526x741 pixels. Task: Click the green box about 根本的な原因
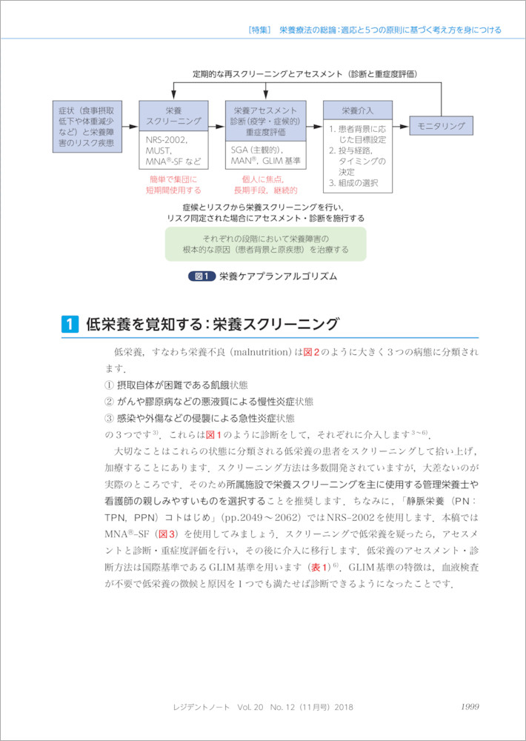pos(265,244)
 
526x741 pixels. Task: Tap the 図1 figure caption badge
pos(202,276)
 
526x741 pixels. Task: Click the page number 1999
pos(471,707)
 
